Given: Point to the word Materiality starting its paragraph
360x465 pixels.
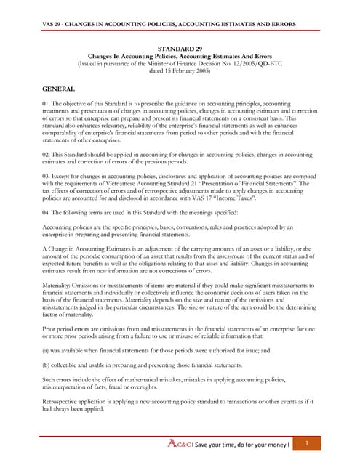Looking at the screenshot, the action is [x=61, y=285].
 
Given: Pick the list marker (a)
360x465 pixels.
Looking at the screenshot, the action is [x=49, y=352].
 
